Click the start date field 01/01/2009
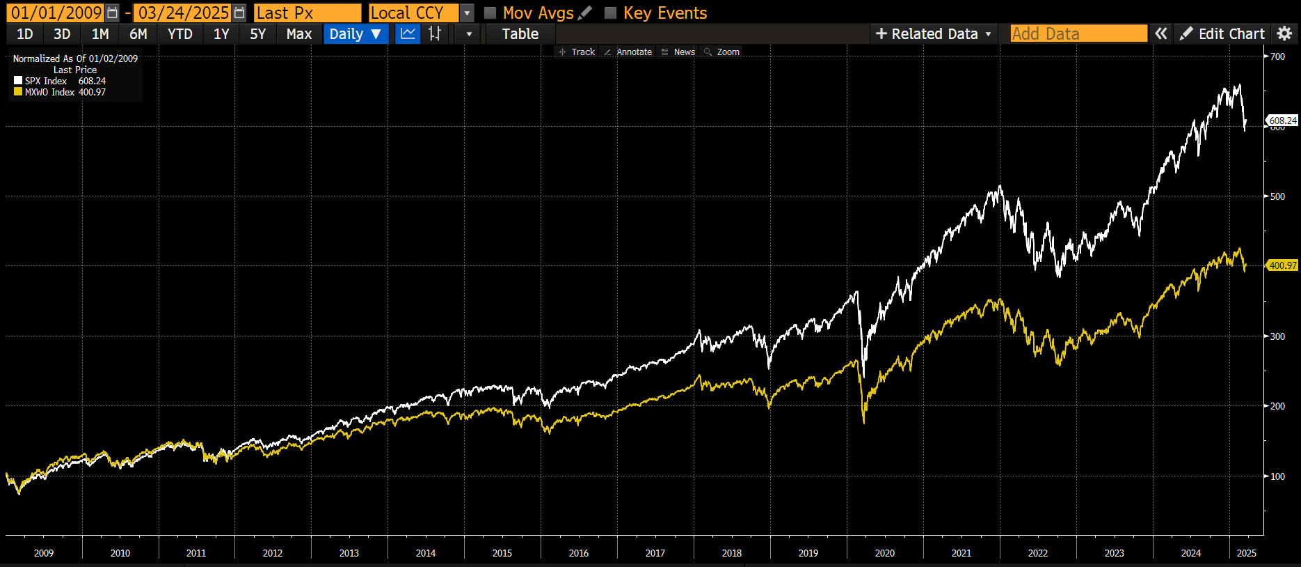56,13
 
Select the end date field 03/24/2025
183,13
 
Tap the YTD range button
179,33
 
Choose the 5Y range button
257,33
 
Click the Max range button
298,33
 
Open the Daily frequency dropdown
355,33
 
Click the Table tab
520,33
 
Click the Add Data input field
1078,33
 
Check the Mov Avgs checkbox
490,13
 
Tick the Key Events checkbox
611,13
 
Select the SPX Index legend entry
46,81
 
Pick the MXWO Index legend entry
49,92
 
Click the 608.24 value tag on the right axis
1282,121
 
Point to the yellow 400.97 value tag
1282,265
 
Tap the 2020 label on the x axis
884,553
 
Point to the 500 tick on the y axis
1277,196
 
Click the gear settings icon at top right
1284,33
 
